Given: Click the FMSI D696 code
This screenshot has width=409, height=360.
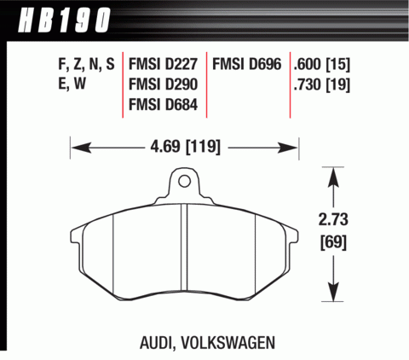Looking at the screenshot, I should tap(248, 63).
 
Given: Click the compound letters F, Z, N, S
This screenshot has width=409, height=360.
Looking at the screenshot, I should tap(82, 63).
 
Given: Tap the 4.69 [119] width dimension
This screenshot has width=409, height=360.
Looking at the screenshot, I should tap(186, 147).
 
